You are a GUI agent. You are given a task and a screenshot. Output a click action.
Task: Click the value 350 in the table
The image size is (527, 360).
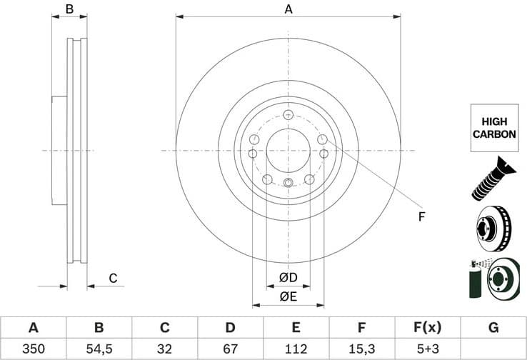pyautogui.click(x=33, y=349)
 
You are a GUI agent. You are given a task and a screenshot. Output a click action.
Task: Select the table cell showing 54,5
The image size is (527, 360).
pyautogui.click(x=99, y=349)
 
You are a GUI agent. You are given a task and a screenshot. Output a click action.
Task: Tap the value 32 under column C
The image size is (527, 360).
pyautogui.click(x=164, y=349)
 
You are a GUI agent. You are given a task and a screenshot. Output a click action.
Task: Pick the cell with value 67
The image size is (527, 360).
pyautogui.click(x=230, y=349)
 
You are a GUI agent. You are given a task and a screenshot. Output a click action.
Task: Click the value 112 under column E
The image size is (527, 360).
pyautogui.click(x=296, y=349)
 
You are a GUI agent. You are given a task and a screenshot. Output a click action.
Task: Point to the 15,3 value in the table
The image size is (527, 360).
pyautogui.click(x=361, y=349)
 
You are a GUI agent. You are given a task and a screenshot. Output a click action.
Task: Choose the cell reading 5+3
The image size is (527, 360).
pyautogui.click(x=427, y=349)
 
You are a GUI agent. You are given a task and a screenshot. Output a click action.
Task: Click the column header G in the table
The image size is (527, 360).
pyautogui.click(x=493, y=328)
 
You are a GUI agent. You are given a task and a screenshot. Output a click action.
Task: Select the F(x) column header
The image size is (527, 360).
pyautogui.click(x=427, y=328)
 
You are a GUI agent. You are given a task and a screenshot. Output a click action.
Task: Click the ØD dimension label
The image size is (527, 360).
pyautogui.click(x=288, y=277)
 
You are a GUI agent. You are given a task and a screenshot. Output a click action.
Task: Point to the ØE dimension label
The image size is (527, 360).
pyautogui.click(x=288, y=295)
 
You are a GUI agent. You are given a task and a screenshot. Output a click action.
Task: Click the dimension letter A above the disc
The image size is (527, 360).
pyautogui.click(x=288, y=9)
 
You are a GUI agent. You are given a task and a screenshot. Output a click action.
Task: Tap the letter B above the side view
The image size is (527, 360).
pyautogui.click(x=69, y=9)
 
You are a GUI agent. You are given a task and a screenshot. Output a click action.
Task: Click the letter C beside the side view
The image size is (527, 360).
pyautogui.click(x=112, y=278)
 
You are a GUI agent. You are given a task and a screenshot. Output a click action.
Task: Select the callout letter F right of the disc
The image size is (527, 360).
pyautogui.click(x=421, y=216)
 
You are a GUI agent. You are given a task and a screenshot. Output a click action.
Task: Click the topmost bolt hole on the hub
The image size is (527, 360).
pyautogui.click(x=288, y=115)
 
